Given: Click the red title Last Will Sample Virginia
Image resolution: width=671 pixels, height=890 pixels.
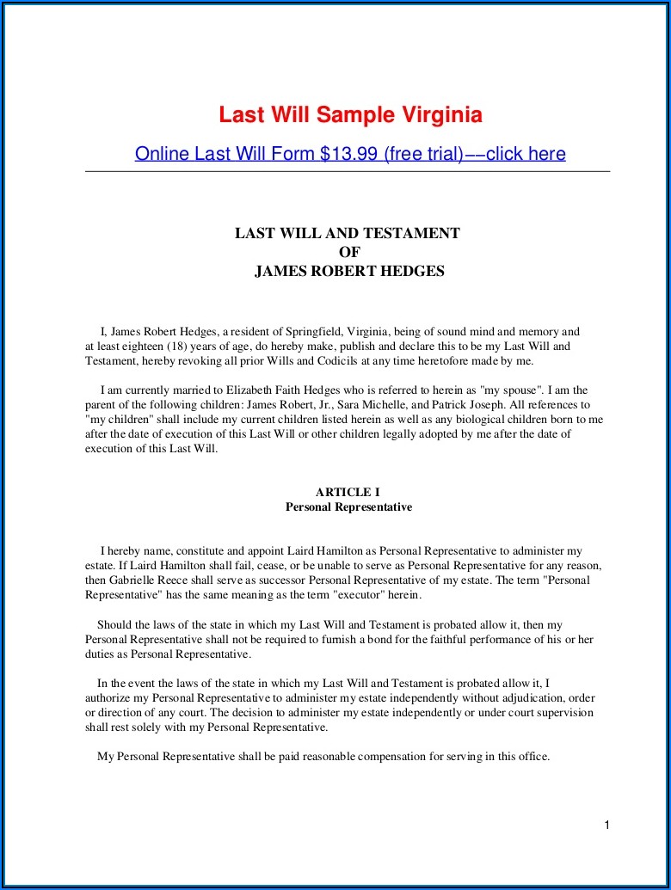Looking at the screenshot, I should pos(350,114).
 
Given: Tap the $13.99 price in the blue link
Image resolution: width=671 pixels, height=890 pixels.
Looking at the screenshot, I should pos(349,154).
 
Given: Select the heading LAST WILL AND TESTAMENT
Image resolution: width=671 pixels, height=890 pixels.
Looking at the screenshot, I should pos(348,233).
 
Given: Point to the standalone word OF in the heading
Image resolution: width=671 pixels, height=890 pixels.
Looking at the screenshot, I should pos(349,252).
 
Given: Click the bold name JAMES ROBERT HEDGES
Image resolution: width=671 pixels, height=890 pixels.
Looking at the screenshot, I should pos(349,272).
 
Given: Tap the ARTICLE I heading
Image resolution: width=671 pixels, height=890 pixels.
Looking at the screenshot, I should pos(348,493).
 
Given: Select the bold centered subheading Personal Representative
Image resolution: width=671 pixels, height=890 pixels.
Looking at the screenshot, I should pos(348,507).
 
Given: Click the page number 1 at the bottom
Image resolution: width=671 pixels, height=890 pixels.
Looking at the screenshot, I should pos(606,826).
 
